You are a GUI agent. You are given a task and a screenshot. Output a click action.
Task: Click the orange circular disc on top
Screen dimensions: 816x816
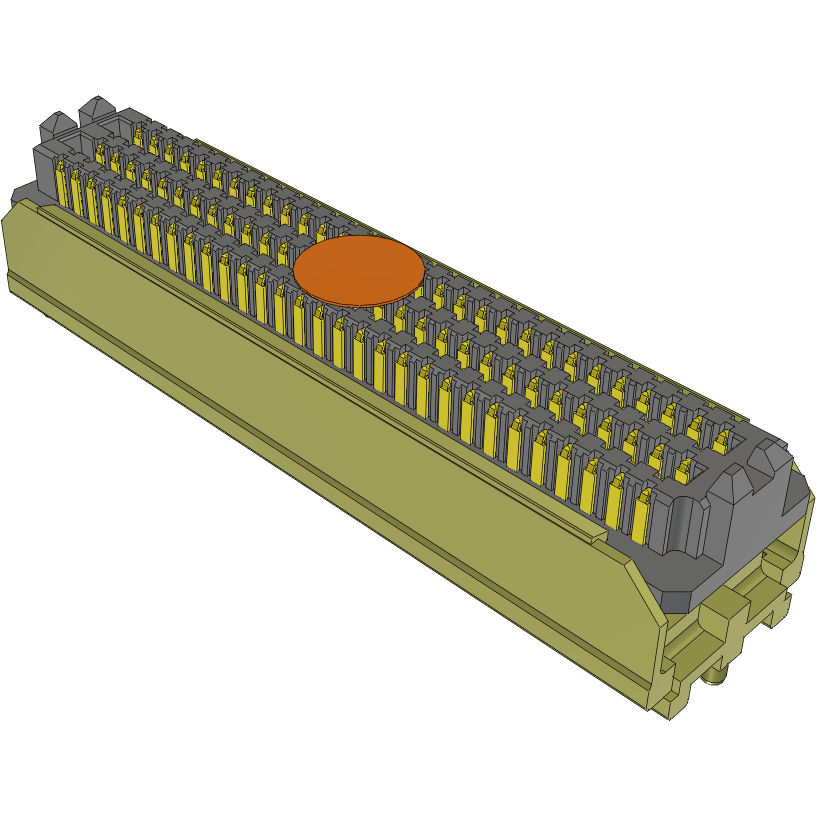[x=359, y=270]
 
